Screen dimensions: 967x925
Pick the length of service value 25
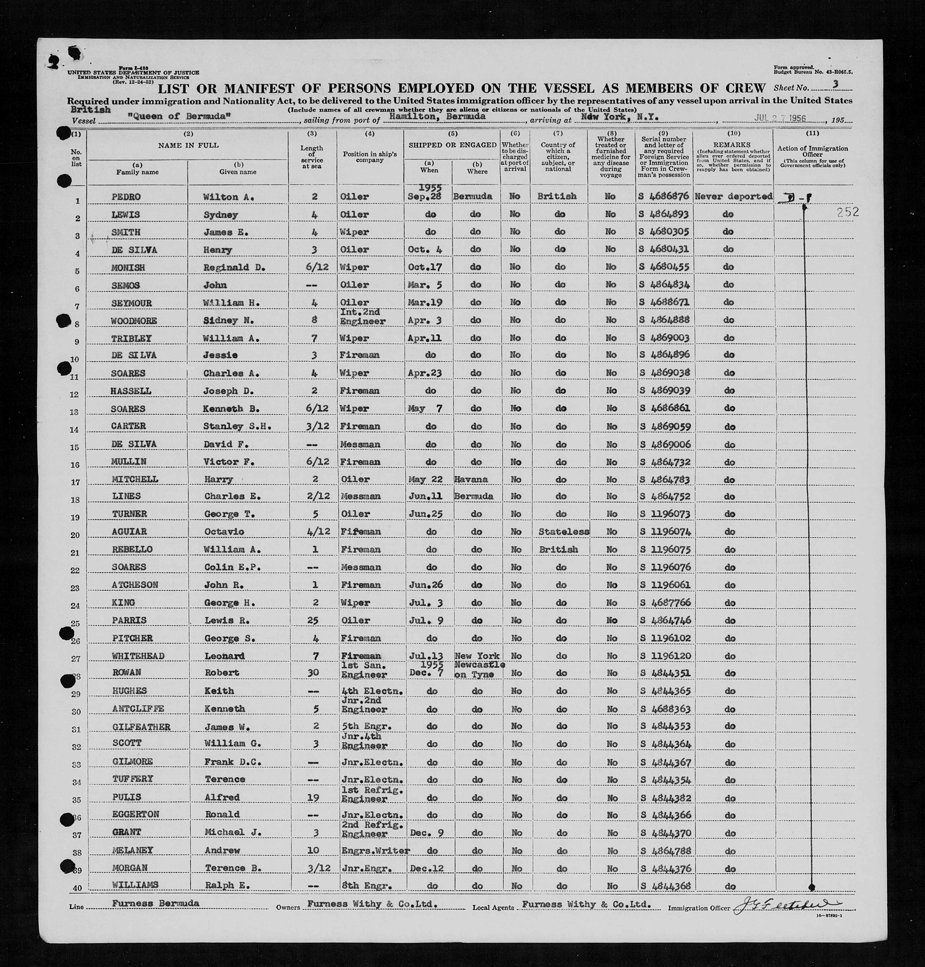click(x=312, y=620)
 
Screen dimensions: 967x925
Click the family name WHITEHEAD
click(x=137, y=656)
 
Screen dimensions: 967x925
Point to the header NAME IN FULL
click(x=188, y=145)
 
